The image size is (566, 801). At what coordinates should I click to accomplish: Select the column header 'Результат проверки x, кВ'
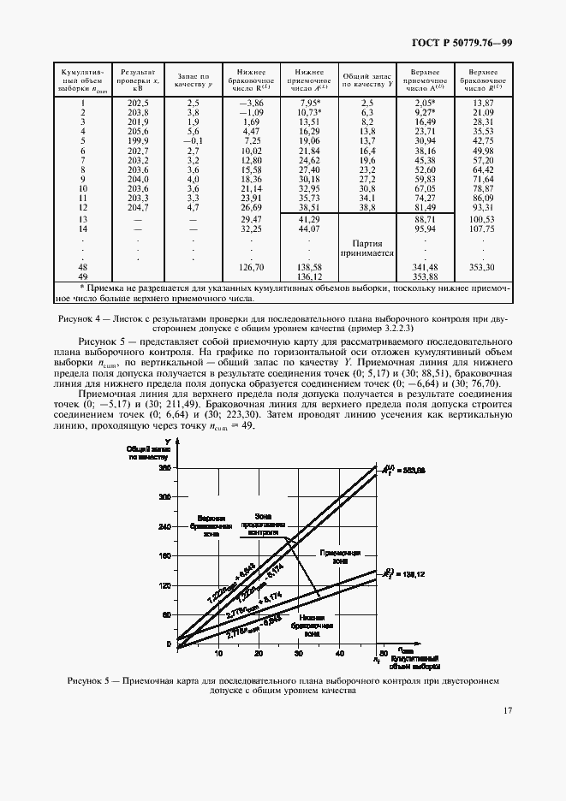pyautogui.click(x=137, y=80)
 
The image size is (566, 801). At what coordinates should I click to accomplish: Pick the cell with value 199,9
pyautogui.click(x=137, y=140)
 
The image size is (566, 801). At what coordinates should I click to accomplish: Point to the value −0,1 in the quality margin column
pyautogui.click(x=193, y=140)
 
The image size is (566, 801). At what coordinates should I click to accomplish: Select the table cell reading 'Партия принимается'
pyautogui.click(x=367, y=247)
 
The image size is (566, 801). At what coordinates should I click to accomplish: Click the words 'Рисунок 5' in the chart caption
pyautogui.click(x=89, y=680)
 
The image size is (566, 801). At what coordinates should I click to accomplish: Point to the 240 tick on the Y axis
pyautogui.click(x=164, y=528)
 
